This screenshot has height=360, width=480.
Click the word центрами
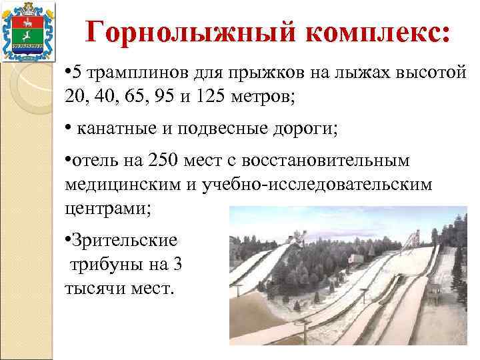[x=107, y=207]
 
